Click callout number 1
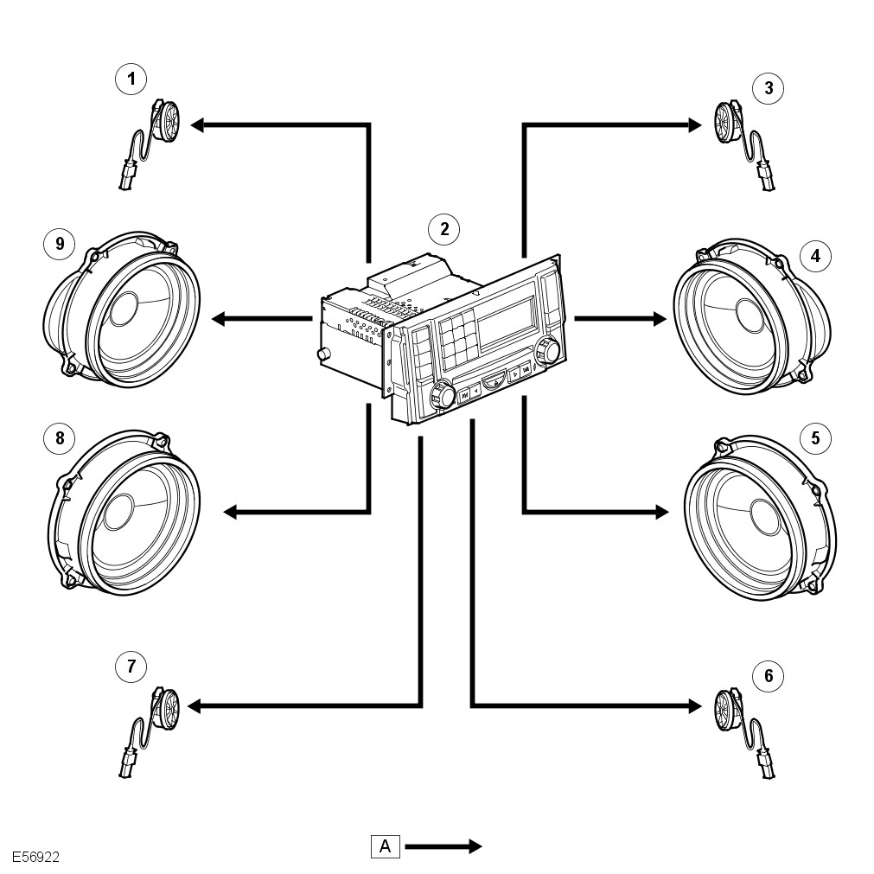click(x=131, y=79)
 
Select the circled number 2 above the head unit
click(x=444, y=229)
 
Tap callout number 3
click(x=769, y=88)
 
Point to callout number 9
click(x=60, y=244)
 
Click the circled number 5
click(x=815, y=438)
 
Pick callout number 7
click(x=131, y=667)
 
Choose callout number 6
click(x=769, y=676)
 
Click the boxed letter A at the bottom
click(x=386, y=846)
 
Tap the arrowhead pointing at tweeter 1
click(x=197, y=124)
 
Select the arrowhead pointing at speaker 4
click(x=660, y=319)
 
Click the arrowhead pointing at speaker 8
click(x=230, y=512)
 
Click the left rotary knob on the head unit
click(x=443, y=394)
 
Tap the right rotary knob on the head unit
click(x=547, y=350)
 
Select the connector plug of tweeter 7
click(x=127, y=769)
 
